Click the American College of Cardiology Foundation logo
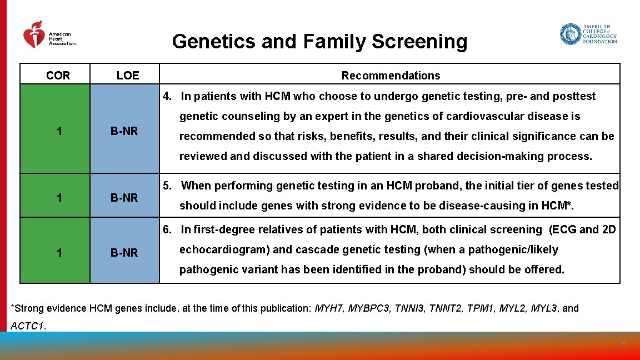point(588,34)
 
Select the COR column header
point(58,76)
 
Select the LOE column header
point(128,76)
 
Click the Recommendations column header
point(391,76)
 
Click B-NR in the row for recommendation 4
point(124,132)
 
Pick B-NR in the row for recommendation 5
point(124,197)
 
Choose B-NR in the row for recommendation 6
point(124,253)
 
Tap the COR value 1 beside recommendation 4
point(59,132)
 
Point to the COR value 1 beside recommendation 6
point(59,253)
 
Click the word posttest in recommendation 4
point(574,96)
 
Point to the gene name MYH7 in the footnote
point(328,308)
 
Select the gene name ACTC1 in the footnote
point(27,326)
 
